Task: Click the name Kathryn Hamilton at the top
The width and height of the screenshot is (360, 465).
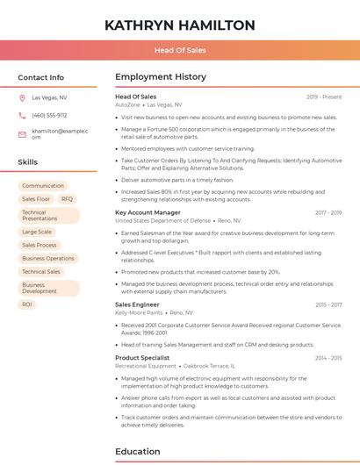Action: [180, 25]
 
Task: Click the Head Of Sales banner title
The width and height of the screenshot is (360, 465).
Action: [180, 51]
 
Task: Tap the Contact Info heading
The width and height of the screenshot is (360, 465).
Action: [41, 77]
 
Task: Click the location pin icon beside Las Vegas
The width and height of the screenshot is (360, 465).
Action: [22, 98]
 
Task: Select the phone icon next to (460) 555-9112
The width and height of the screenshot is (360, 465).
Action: [22, 115]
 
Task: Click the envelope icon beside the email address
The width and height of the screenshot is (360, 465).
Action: [22, 133]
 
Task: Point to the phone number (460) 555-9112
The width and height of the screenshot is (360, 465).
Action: [49, 115]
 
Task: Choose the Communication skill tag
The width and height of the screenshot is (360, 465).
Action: [43, 186]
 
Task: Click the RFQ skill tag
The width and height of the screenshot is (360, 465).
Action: [68, 199]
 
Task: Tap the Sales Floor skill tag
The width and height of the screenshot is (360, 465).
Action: [36, 199]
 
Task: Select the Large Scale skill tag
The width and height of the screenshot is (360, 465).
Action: [37, 232]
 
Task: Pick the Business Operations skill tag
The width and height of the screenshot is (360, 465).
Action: [48, 259]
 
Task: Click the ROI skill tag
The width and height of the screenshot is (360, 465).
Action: [27, 304]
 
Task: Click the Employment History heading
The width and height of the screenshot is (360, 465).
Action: [160, 77]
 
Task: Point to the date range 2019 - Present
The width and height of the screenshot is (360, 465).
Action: [324, 97]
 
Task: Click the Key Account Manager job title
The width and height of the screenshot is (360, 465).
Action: [148, 212]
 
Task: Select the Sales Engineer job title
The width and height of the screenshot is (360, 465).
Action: [136, 304]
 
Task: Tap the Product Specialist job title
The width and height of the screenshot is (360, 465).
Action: [141, 358]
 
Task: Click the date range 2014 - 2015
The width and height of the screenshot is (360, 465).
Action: [328, 358]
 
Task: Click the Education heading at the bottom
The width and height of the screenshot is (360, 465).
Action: [137, 452]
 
